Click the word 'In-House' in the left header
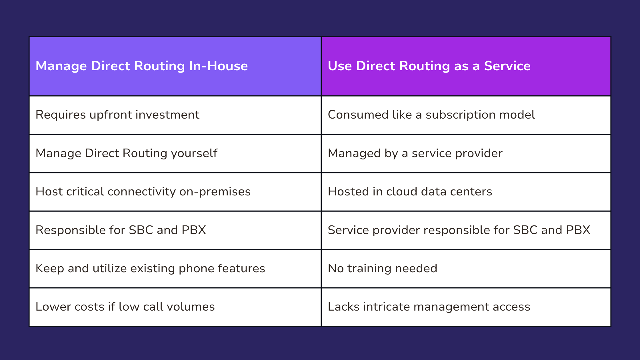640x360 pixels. tap(218, 66)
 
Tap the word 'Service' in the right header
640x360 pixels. tap(507, 66)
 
